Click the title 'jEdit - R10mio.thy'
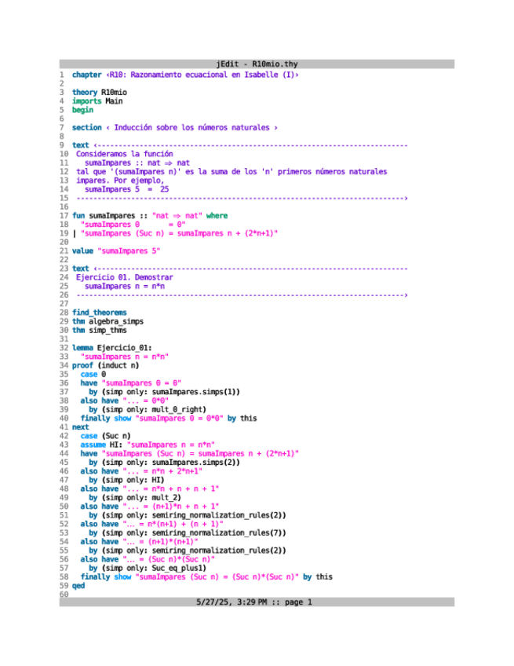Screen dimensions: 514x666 [x=257, y=64]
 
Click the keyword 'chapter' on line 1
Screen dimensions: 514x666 [x=86, y=75]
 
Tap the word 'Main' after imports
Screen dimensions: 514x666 [x=114, y=101]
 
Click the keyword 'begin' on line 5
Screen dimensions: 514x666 [x=82, y=109]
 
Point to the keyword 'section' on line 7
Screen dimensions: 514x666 [x=86, y=126]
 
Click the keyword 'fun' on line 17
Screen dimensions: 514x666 [x=78, y=214]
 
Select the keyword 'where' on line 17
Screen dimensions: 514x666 [x=217, y=214]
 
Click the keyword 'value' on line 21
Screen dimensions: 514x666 [x=82, y=251]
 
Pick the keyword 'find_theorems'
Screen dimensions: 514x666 [x=99, y=313]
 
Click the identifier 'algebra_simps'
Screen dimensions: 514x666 [x=115, y=321]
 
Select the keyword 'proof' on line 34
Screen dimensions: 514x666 [x=82, y=365]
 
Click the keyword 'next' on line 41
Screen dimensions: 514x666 [x=80, y=427]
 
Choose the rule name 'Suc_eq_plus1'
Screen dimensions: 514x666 [x=179, y=568]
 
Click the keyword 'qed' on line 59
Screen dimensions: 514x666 [x=78, y=586]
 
